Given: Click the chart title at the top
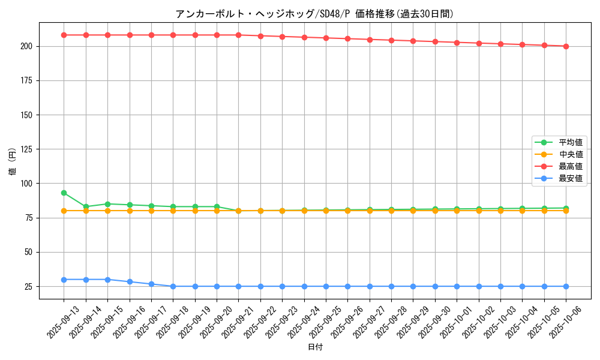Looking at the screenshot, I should tap(314, 14).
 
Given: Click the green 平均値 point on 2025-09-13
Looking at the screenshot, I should tap(64, 193).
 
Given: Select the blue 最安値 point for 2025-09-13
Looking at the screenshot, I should tap(64, 280).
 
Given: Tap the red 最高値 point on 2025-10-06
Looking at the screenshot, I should tap(566, 46).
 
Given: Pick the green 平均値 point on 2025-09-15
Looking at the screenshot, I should tap(107, 204).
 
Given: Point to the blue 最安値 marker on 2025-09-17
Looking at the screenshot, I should tap(151, 284).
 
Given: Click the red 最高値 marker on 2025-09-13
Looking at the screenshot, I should tap(64, 35).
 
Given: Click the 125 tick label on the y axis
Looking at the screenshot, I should tap(28, 149).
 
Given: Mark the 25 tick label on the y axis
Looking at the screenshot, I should tap(30, 287).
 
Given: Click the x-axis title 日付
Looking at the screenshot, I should tap(315, 347).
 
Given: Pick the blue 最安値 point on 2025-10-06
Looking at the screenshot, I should tap(566, 286).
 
